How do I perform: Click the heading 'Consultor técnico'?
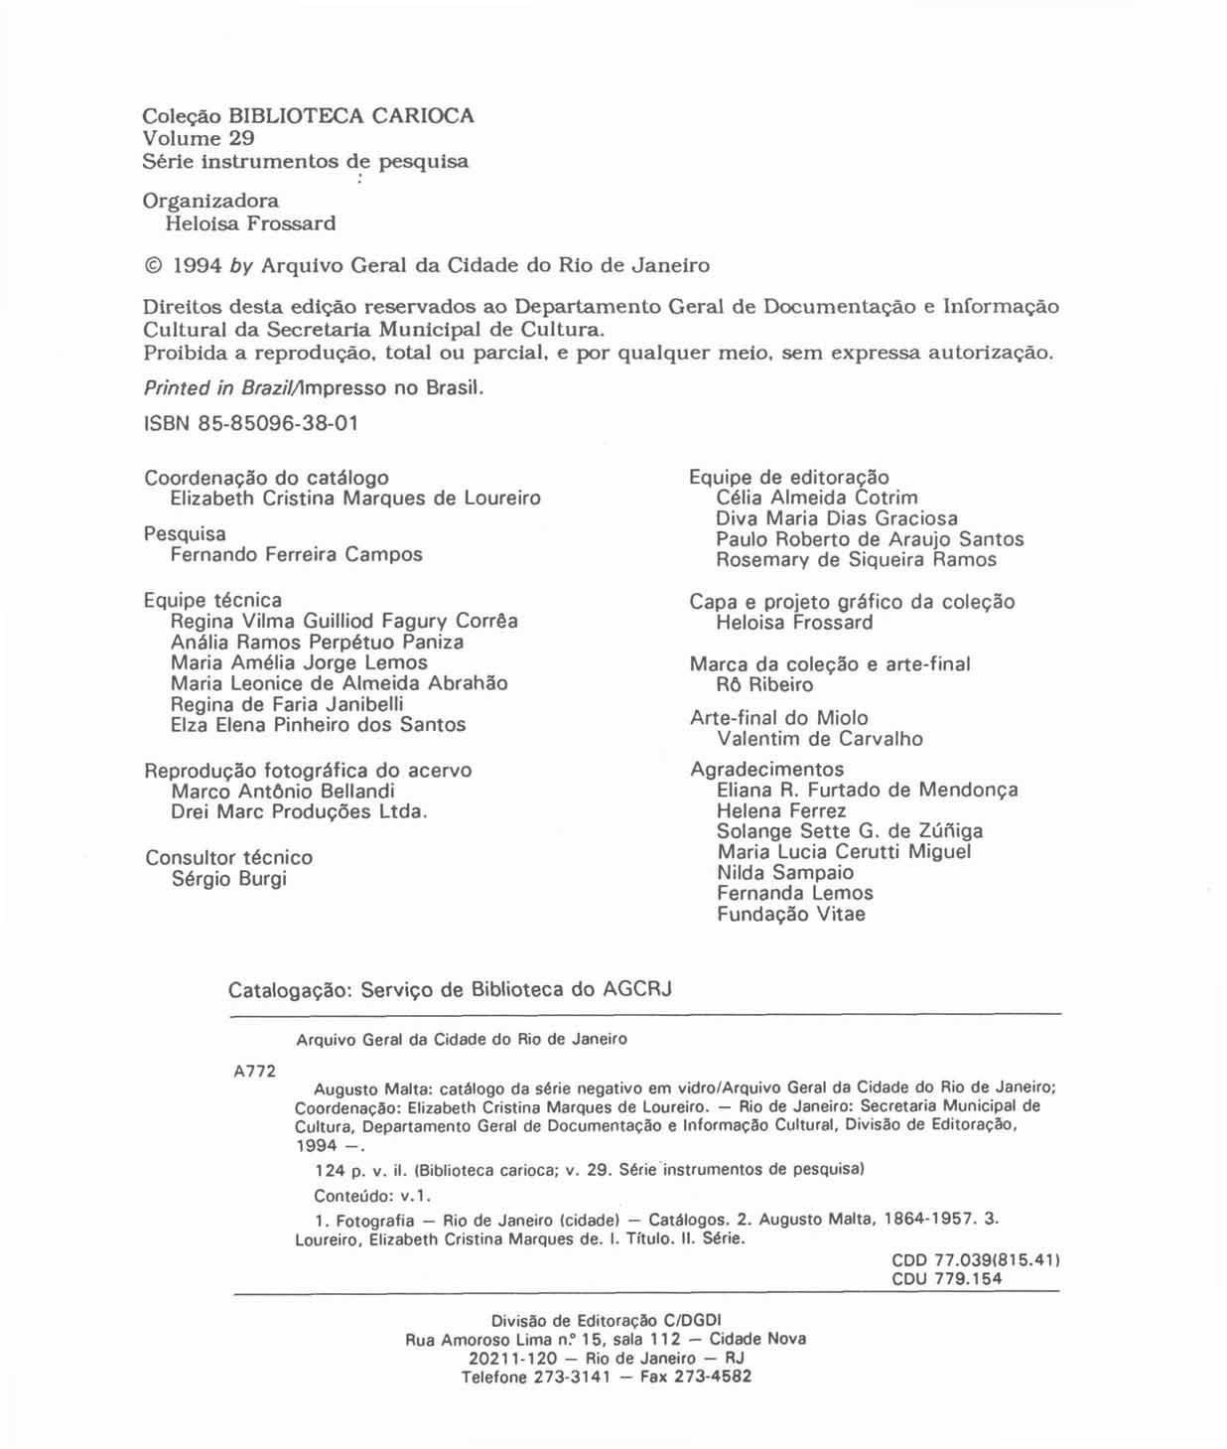(x=228, y=857)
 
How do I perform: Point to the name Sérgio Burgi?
(x=228, y=879)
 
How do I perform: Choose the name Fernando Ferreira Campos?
(x=296, y=554)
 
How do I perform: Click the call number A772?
(x=254, y=1071)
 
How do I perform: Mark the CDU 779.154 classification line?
(x=946, y=1278)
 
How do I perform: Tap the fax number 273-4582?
(x=713, y=1377)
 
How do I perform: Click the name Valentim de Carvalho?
(x=819, y=739)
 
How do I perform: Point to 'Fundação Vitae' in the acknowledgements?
(x=790, y=914)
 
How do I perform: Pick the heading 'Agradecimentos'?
(x=766, y=769)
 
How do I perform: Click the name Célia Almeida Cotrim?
(x=816, y=498)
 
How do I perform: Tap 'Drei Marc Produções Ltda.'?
(x=299, y=811)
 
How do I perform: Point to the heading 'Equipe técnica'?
(x=212, y=600)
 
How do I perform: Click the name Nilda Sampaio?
(x=784, y=872)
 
